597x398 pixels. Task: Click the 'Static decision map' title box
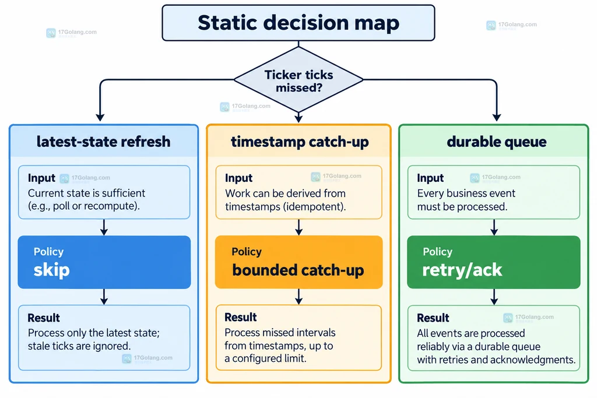pos(298,23)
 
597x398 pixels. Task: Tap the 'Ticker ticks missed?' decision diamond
pos(298,80)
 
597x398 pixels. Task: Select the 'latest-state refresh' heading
pos(104,142)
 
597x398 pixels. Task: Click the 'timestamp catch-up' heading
pos(300,142)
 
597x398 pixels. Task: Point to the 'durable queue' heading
pos(497,142)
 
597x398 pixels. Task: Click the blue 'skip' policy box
pos(104,262)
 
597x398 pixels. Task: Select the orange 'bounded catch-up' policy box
pos(299,262)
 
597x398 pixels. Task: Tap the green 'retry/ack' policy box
pos(494,262)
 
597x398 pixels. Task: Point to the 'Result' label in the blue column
pos(44,318)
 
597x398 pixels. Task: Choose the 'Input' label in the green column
pos(430,178)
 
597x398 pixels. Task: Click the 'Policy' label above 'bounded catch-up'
pos(247,252)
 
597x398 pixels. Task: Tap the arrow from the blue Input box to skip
pos(104,227)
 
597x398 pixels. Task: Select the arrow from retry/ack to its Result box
pos(494,297)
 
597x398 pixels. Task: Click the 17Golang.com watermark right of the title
pos(512,25)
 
